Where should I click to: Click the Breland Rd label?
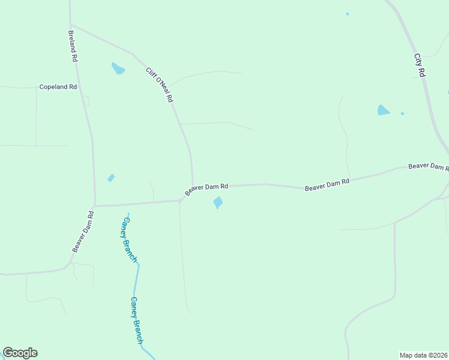(73, 47)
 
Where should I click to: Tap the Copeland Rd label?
(58, 87)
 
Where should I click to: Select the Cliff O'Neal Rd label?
(160, 84)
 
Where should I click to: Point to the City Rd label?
(420, 65)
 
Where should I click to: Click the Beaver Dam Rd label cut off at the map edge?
(429, 166)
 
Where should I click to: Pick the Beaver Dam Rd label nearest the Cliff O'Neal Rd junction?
(206, 188)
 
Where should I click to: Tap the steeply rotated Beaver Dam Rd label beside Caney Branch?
(83, 230)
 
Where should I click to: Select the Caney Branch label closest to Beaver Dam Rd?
(130, 239)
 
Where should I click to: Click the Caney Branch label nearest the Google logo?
(137, 320)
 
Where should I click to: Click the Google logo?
(20, 353)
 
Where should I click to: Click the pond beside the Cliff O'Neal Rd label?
(118, 68)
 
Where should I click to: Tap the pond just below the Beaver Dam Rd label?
(218, 203)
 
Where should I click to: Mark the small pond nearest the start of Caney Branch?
(110, 178)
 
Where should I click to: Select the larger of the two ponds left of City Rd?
(383, 110)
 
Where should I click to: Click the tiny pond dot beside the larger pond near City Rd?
(402, 113)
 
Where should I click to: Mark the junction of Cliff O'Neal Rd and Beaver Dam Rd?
(193, 185)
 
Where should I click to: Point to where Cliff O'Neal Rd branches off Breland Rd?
(71, 25)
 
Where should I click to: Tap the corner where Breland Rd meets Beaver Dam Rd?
(94, 206)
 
